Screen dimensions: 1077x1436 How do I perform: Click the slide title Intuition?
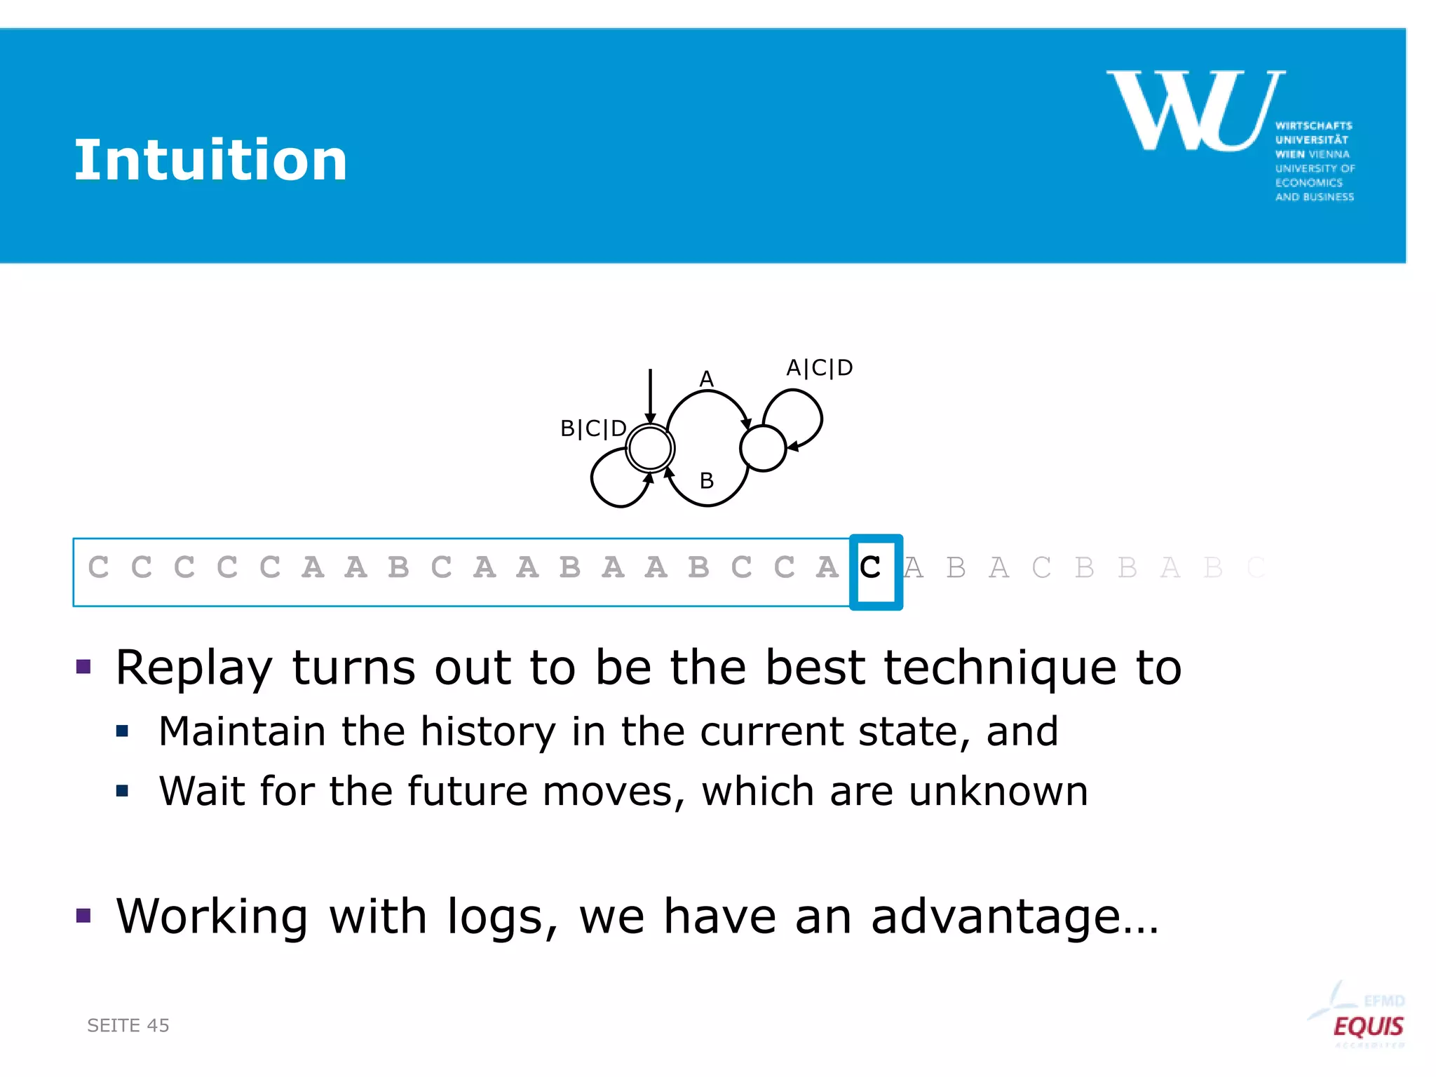(x=210, y=161)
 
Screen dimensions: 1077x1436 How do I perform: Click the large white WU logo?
(x=1195, y=110)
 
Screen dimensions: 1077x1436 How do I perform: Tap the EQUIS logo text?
(x=1367, y=1027)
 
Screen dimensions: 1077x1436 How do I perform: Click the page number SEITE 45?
(x=128, y=1025)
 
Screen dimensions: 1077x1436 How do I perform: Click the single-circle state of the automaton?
(x=763, y=448)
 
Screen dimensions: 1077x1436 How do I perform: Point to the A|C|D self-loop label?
(x=819, y=367)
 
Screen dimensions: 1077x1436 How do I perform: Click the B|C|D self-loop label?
(x=593, y=428)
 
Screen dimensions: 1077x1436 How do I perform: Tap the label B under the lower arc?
(x=707, y=481)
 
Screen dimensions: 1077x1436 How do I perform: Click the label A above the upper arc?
(x=707, y=379)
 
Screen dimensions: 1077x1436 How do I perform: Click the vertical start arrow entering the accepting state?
(x=651, y=396)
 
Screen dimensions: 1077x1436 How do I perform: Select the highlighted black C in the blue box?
(x=870, y=568)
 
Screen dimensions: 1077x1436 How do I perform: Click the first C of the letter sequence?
(x=99, y=567)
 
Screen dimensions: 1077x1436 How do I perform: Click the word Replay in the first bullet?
(x=194, y=668)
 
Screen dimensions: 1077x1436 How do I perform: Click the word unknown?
(x=998, y=792)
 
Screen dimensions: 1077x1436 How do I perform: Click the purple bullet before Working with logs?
(x=84, y=915)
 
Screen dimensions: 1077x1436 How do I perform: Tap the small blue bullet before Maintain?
(x=123, y=732)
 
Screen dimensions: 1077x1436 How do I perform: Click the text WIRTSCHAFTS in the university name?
(x=1313, y=126)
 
